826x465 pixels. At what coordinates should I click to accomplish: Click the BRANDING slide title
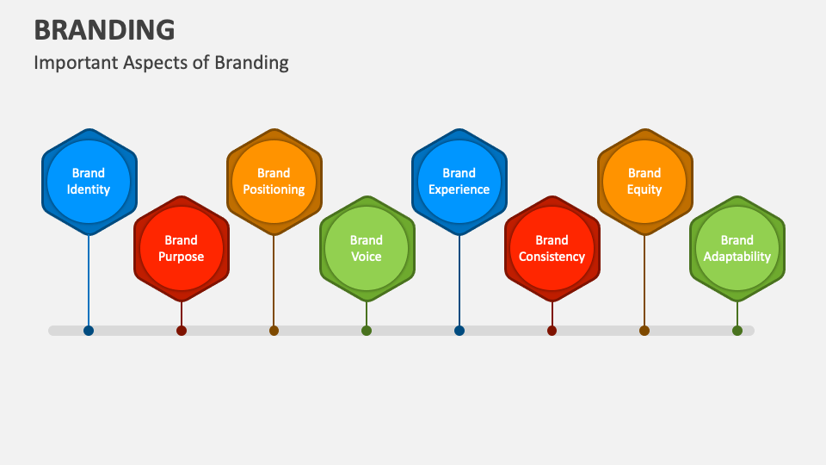click(104, 29)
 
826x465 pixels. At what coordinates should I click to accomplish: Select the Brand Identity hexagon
click(89, 182)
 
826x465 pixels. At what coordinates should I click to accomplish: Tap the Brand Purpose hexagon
click(182, 249)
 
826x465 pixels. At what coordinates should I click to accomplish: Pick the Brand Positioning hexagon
click(274, 182)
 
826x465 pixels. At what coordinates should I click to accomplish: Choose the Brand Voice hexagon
click(367, 249)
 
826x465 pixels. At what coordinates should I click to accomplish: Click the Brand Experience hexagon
click(459, 182)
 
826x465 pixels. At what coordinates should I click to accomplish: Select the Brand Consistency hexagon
click(552, 249)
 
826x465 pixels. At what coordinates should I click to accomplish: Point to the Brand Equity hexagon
click(644, 182)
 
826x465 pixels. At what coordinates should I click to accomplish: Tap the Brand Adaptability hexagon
click(737, 249)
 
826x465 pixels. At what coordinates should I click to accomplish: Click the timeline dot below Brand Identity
click(89, 331)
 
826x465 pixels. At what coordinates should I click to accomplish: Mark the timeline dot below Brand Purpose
click(182, 331)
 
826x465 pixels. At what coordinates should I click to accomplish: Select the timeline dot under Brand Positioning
click(274, 331)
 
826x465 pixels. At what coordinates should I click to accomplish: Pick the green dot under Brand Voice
click(367, 331)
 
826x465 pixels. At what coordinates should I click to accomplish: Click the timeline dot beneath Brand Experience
click(459, 331)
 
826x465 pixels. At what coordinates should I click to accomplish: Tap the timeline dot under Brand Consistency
click(552, 331)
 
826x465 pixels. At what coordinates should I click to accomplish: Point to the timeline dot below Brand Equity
click(644, 331)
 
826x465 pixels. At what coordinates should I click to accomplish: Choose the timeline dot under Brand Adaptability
click(737, 331)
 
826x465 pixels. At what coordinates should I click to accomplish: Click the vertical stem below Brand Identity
click(89, 280)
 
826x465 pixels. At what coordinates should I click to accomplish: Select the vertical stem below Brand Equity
click(644, 280)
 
